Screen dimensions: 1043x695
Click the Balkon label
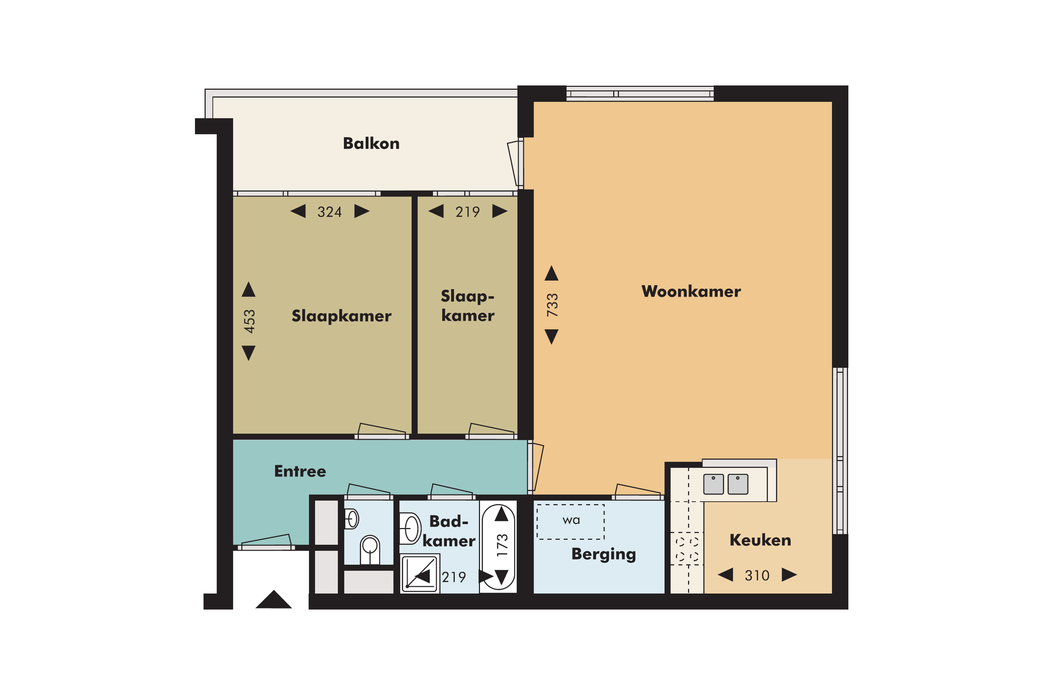click(x=371, y=143)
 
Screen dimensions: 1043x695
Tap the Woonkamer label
click(x=691, y=292)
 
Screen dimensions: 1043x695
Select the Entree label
click(x=300, y=471)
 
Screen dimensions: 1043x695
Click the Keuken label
click(x=760, y=540)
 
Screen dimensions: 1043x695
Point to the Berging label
click(x=604, y=554)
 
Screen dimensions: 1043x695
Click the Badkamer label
click(x=449, y=531)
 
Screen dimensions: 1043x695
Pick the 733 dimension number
click(x=552, y=305)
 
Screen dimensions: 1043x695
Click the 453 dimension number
click(x=249, y=321)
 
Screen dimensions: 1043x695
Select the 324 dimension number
click(x=329, y=212)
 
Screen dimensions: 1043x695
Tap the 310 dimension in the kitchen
click(x=757, y=575)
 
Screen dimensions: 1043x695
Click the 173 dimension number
click(x=502, y=545)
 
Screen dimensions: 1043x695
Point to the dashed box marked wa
click(x=570, y=522)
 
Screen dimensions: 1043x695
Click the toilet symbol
click(x=370, y=550)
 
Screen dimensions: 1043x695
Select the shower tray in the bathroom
click(x=420, y=573)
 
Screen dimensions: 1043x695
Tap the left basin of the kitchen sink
click(x=713, y=484)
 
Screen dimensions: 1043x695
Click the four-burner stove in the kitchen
click(x=687, y=549)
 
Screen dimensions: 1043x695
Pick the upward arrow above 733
click(x=551, y=273)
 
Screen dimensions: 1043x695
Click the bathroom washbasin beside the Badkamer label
click(x=410, y=528)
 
